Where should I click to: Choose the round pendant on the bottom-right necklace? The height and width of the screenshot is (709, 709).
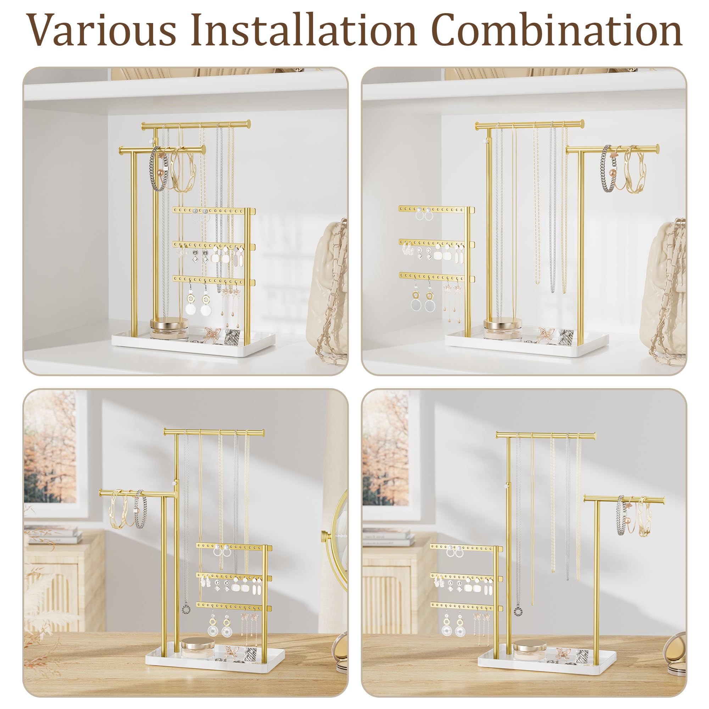pyautogui.click(x=518, y=611)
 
